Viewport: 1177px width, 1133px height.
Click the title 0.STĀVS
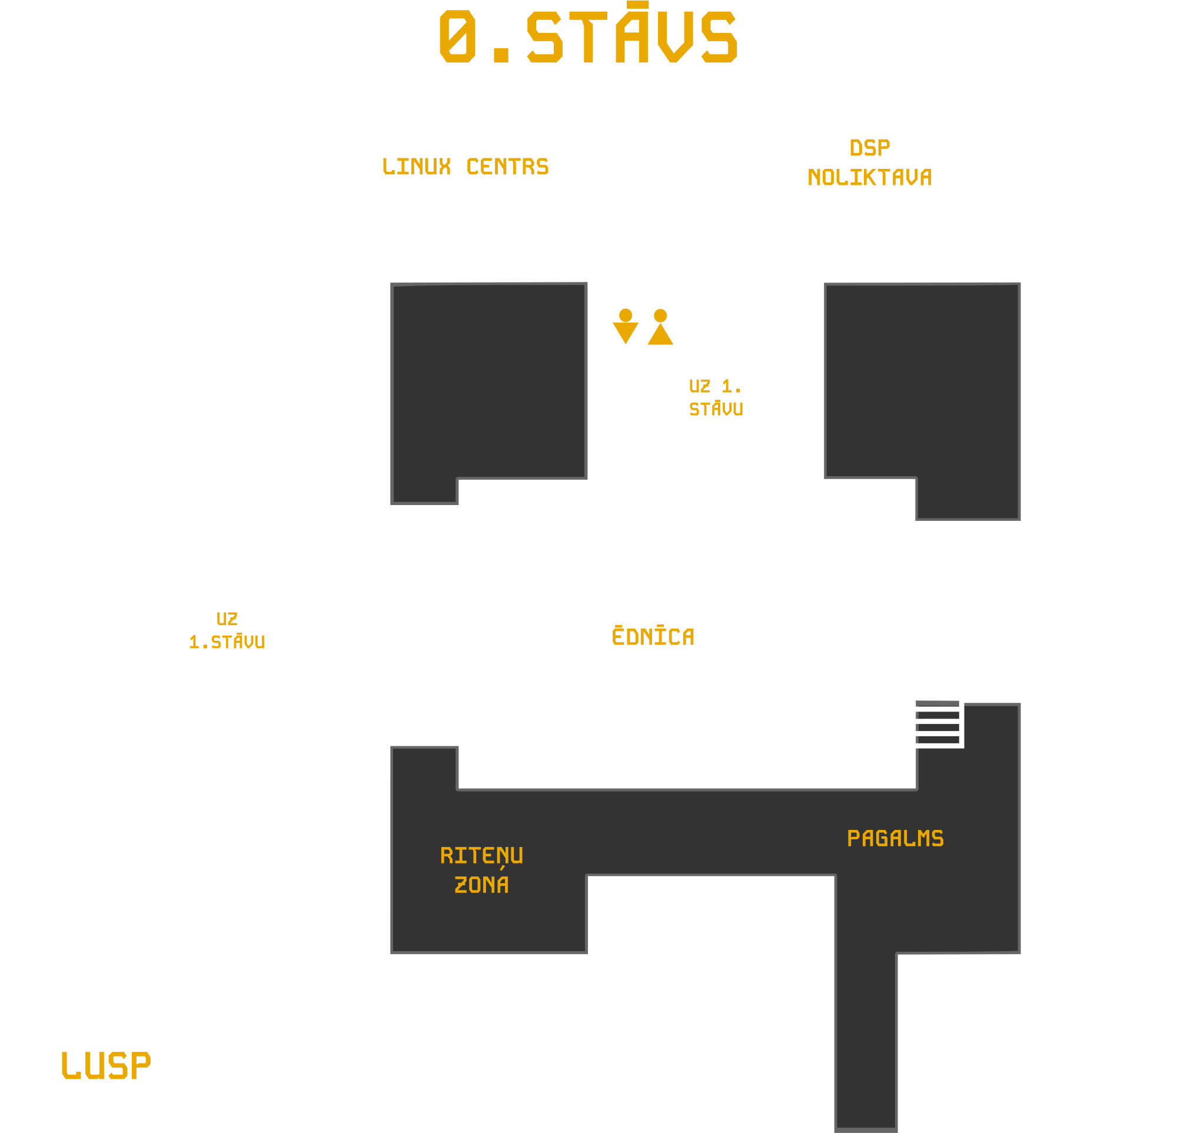(588, 36)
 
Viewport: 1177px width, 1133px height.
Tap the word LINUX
(416, 167)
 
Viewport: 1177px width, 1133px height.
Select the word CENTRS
(507, 167)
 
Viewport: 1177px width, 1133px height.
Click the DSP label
(870, 148)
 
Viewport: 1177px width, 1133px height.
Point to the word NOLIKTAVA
(870, 178)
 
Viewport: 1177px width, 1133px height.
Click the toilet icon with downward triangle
(625, 325)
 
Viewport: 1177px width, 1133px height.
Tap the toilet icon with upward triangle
(660, 325)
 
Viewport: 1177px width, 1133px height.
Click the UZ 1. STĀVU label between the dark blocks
(715, 397)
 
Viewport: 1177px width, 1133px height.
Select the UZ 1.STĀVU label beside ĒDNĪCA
(227, 630)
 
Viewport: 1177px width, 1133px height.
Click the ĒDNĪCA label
(653, 636)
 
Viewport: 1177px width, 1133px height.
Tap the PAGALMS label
(895, 839)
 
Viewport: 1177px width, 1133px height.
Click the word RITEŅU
(481, 856)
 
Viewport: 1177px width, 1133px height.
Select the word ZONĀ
(481, 885)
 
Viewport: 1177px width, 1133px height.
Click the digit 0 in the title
(458, 36)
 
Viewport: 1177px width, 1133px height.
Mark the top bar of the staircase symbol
(937, 703)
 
